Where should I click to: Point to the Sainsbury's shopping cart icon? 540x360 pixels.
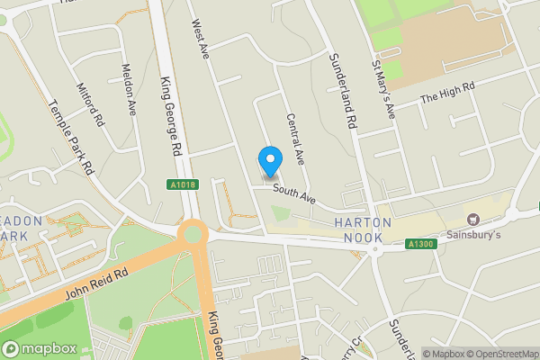(472, 220)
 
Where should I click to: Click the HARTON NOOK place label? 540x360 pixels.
(364, 229)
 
